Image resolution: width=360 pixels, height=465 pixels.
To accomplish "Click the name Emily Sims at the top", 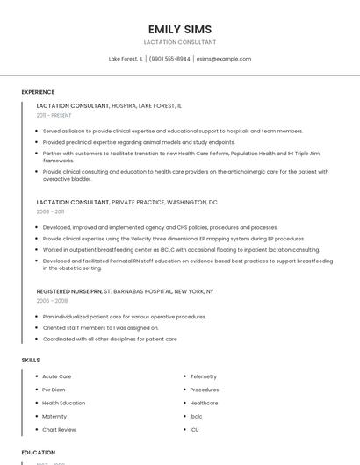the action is click(x=180, y=29).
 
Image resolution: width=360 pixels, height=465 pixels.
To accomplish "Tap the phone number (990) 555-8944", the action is click(x=169, y=59).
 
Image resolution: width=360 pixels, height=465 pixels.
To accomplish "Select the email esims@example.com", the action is click(x=224, y=59).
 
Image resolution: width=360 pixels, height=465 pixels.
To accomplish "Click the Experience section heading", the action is click(x=38, y=92).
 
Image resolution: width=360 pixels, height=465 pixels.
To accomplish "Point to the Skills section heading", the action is click(x=31, y=360).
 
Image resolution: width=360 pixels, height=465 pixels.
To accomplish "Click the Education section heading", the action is click(x=39, y=453).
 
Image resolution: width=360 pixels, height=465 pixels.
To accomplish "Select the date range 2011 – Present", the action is click(x=54, y=115).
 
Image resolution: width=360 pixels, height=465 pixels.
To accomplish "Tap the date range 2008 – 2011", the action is click(x=50, y=211).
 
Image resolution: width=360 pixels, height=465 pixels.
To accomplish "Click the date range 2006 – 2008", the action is click(x=52, y=300).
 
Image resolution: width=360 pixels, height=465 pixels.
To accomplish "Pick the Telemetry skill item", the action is click(x=204, y=376).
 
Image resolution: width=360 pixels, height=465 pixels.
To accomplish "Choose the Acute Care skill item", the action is click(x=57, y=376).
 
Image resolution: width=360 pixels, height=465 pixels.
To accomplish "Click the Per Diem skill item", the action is click(x=54, y=390).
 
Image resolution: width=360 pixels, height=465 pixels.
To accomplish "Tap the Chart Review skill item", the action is click(x=59, y=430).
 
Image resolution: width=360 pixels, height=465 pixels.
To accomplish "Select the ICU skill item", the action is click(x=194, y=430).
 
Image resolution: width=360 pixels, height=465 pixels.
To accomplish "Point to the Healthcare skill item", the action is click(x=204, y=403).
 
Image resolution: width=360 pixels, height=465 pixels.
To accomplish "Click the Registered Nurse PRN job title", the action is click(x=69, y=290).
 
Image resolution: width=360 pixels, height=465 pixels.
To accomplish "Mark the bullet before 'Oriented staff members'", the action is click(x=36, y=327).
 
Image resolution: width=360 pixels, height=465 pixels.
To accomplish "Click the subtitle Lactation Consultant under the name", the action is click(x=180, y=42).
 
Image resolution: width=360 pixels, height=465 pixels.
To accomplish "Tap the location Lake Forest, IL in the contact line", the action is click(x=126, y=59).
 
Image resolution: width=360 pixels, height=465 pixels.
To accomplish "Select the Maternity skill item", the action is click(x=54, y=416).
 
